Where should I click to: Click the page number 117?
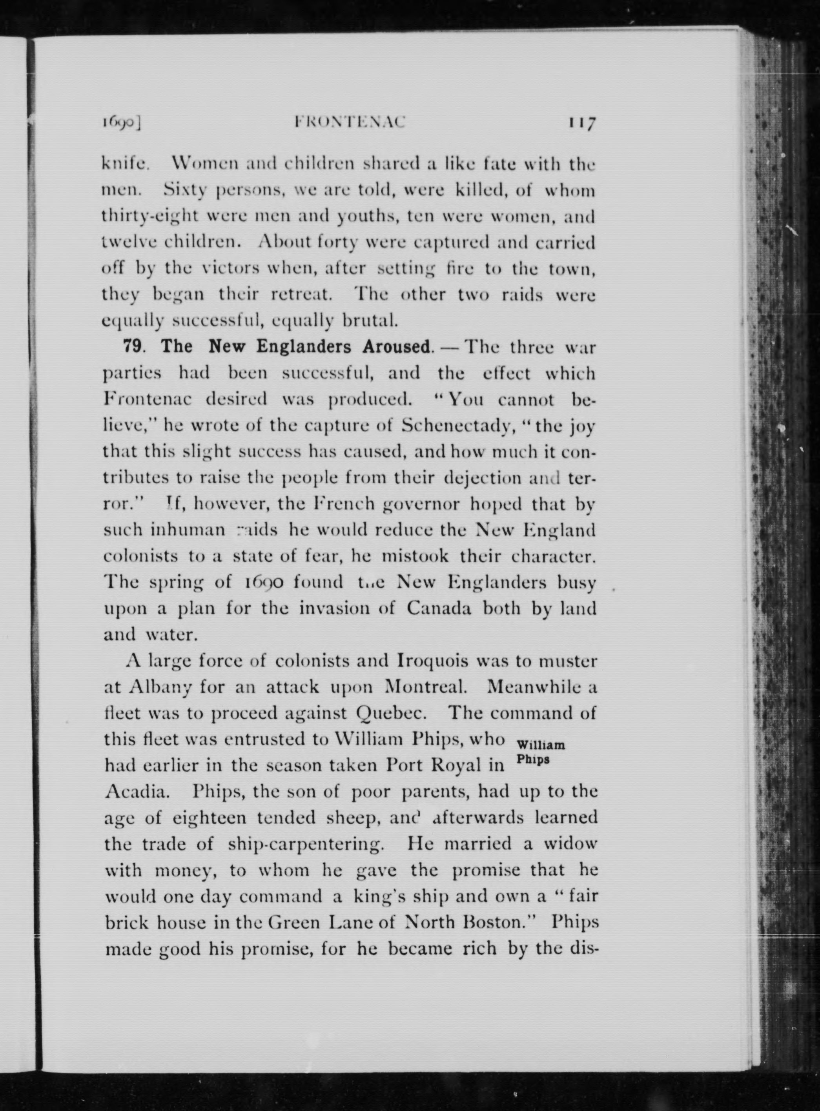pyautogui.click(x=582, y=122)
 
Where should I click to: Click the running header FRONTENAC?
pyautogui.click(x=350, y=122)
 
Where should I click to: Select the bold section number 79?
pyautogui.click(x=133, y=346)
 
